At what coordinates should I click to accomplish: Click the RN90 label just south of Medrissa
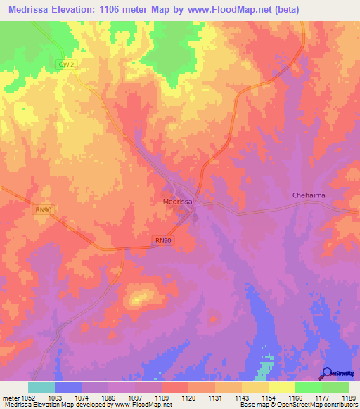[x=163, y=240]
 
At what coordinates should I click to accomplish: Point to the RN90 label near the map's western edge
[x=44, y=209]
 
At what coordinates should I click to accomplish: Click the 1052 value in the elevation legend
[x=28, y=397]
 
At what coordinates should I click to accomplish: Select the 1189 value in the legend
[x=349, y=397]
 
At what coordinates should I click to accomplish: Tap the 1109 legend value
[x=162, y=397]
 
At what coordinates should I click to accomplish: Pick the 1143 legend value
[x=242, y=397]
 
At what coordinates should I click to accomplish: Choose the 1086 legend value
[x=108, y=397]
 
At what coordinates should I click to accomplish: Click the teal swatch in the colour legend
[x=41, y=387]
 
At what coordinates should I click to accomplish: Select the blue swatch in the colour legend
[x=68, y=387]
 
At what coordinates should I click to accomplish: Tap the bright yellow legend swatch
[x=281, y=387]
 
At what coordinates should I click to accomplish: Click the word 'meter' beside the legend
[x=10, y=397]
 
